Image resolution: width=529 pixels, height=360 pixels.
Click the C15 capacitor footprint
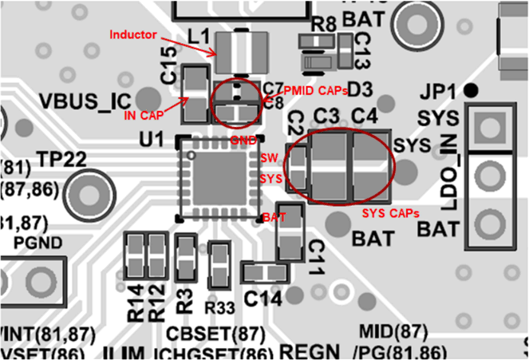coord(195,94)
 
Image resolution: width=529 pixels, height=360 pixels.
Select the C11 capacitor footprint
coord(290,231)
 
